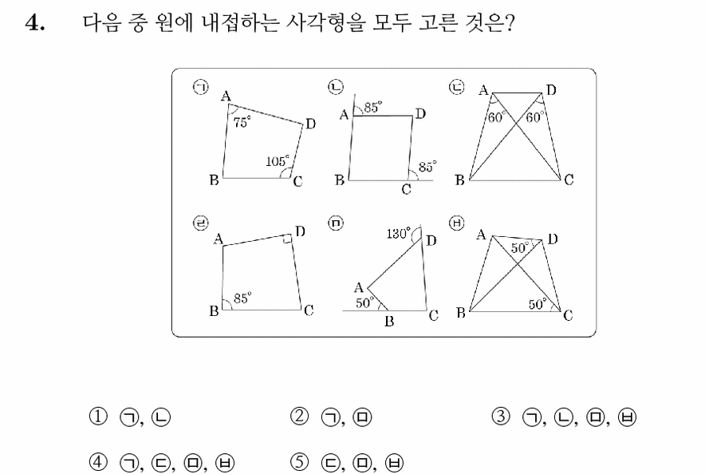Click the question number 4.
[35, 23]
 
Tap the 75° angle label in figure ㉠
[242, 122]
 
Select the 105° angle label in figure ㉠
[277, 160]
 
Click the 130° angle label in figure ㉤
[399, 233]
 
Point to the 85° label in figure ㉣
[242, 298]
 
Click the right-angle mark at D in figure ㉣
[287, 239]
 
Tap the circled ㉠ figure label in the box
[201, 87]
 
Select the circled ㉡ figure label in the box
[336, 87]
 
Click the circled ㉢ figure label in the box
[457, 87]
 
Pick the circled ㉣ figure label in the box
[201, 223]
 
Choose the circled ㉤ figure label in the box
[336, 223]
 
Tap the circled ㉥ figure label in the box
[457, 223]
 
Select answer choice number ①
[98, 417]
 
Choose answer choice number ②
[299, 417]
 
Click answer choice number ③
[501, 417]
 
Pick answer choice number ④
[98, 462]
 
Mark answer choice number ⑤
[299, 462]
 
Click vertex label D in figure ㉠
[311, 124]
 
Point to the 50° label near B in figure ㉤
[365, 302]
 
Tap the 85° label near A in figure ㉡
[373, 107]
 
